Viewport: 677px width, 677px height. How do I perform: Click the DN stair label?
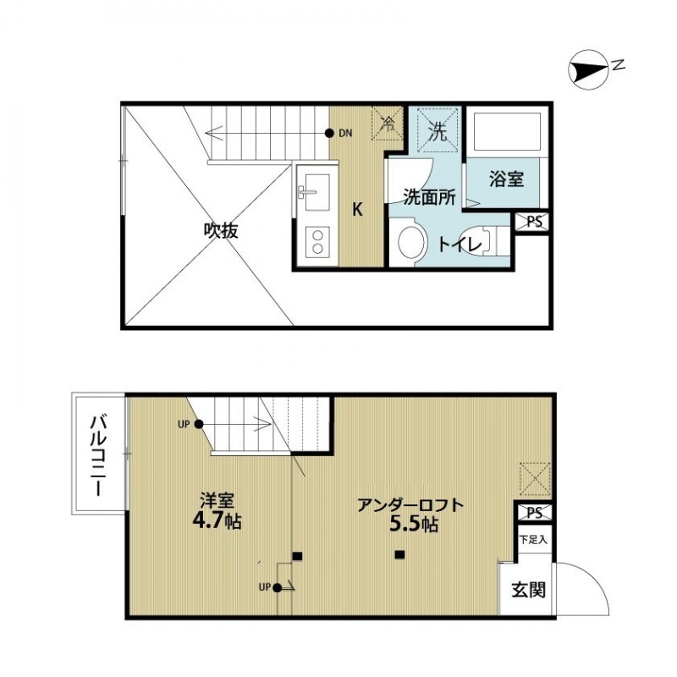(345, 134)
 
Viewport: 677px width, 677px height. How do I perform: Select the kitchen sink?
(315, 193)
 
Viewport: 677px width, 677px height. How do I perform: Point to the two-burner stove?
(316, 242)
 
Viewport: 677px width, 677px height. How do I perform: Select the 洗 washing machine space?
(437, 132)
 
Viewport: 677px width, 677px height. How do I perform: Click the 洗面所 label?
(429, 197)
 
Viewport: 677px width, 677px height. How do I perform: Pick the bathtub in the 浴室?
(505, 132)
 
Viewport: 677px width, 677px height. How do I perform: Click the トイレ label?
(460, 244)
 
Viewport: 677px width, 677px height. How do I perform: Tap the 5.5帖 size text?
(412, 524)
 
